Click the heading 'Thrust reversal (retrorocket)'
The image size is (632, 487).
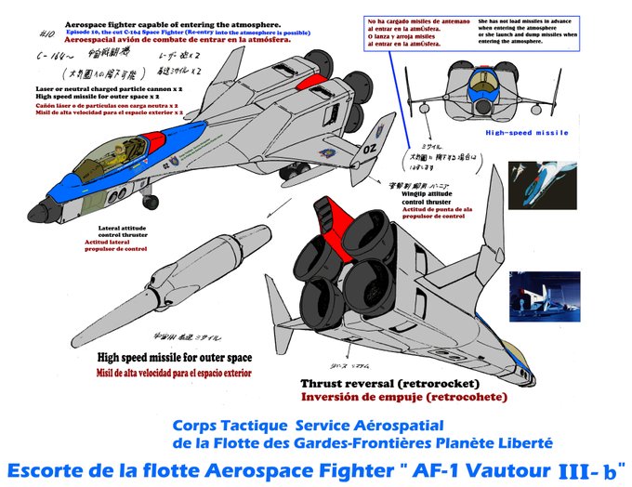coord(390,384)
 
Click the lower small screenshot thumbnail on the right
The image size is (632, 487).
coord(535,296)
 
